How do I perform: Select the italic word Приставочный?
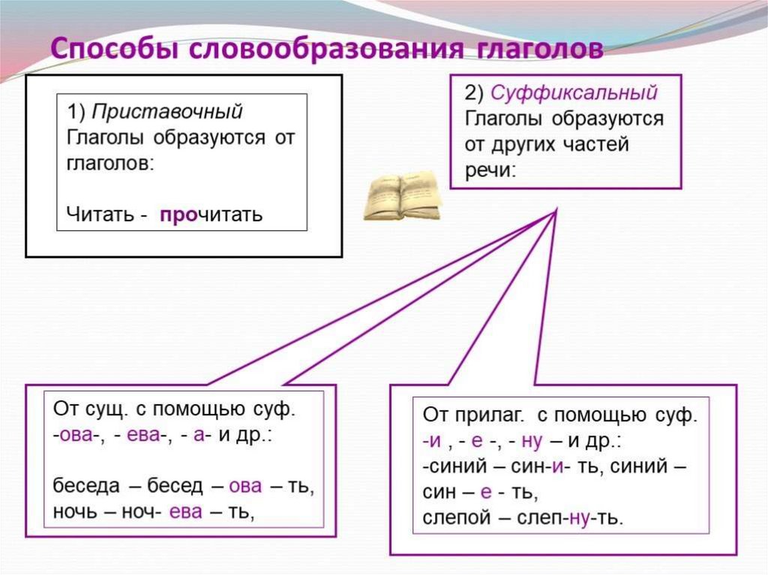(x=166, y=112)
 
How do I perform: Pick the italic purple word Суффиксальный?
(x=574, y=93)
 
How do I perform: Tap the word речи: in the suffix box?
(x=490, y=169)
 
